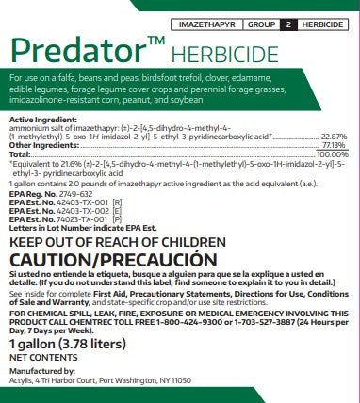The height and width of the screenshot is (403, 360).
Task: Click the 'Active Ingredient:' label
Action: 38,121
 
